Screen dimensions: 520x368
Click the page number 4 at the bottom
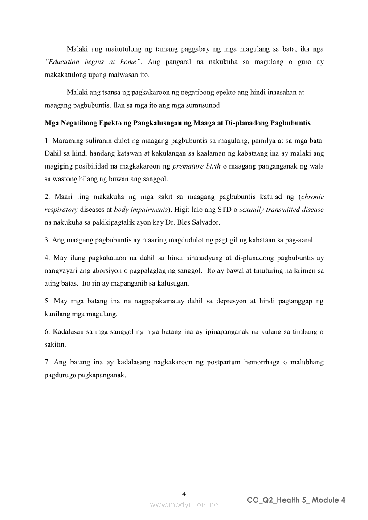184,494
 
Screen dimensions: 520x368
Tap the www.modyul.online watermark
184,504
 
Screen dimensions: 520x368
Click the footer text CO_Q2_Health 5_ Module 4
296,500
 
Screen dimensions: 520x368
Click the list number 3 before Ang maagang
47,240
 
